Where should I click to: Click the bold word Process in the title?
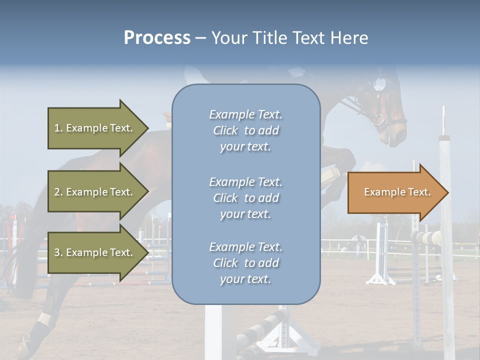(157, 38)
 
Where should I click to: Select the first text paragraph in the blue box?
(245, 130)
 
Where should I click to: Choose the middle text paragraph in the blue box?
(245, 198)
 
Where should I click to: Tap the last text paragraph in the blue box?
(245, 263)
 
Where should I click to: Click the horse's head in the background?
(385, 105)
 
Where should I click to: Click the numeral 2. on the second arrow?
(58, 192)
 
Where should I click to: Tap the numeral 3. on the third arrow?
(58, 252)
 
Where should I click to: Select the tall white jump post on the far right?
(445, 225)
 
